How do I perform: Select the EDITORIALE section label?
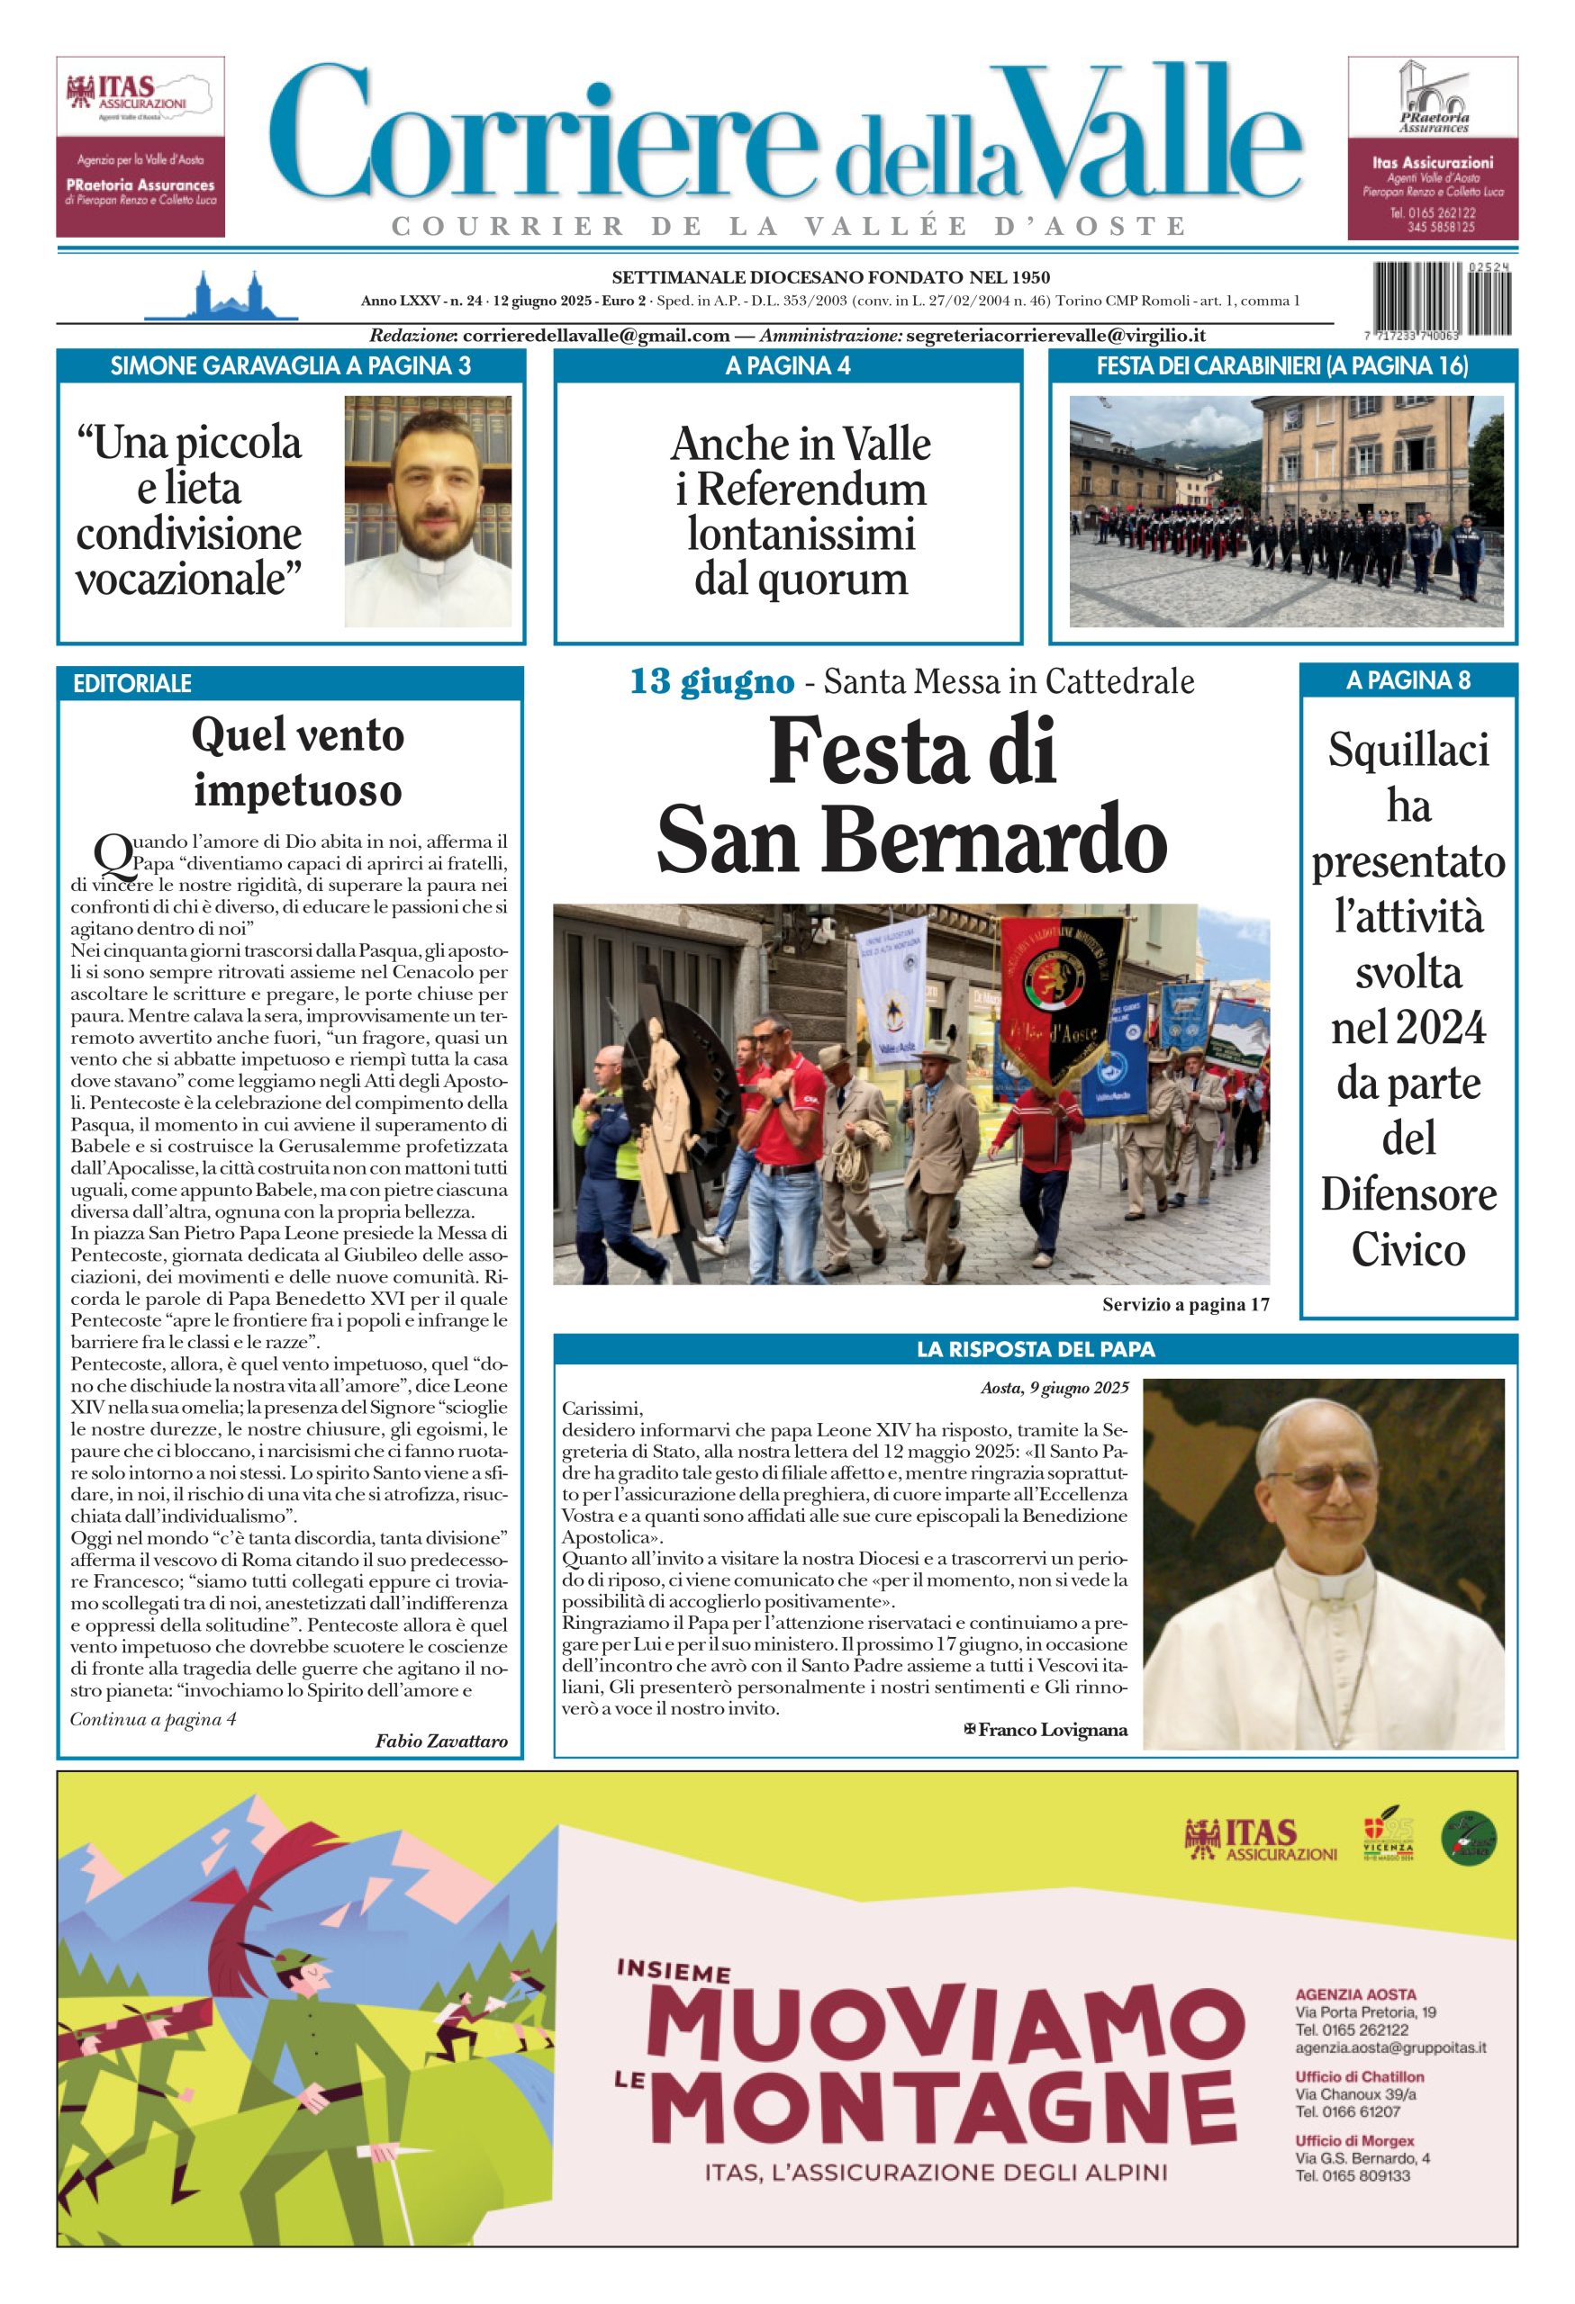(131, 683)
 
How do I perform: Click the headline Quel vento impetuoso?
(297, 761)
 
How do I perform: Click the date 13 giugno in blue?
(712, 682)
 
